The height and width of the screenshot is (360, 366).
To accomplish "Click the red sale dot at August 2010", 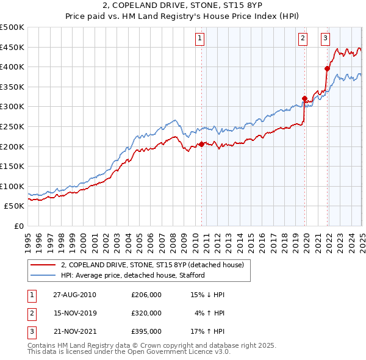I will (202, 145).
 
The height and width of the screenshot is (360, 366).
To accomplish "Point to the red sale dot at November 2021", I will (328, 69).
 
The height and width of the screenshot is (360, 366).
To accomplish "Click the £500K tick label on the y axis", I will (12, 27).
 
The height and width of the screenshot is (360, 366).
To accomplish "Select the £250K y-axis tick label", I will (12, 126).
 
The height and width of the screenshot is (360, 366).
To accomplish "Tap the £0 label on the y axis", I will (19, 226).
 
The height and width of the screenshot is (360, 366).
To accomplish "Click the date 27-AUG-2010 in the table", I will (74, 295).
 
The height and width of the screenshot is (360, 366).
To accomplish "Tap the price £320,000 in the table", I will (146, 313).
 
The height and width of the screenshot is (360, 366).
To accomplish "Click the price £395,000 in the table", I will (146, 332).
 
